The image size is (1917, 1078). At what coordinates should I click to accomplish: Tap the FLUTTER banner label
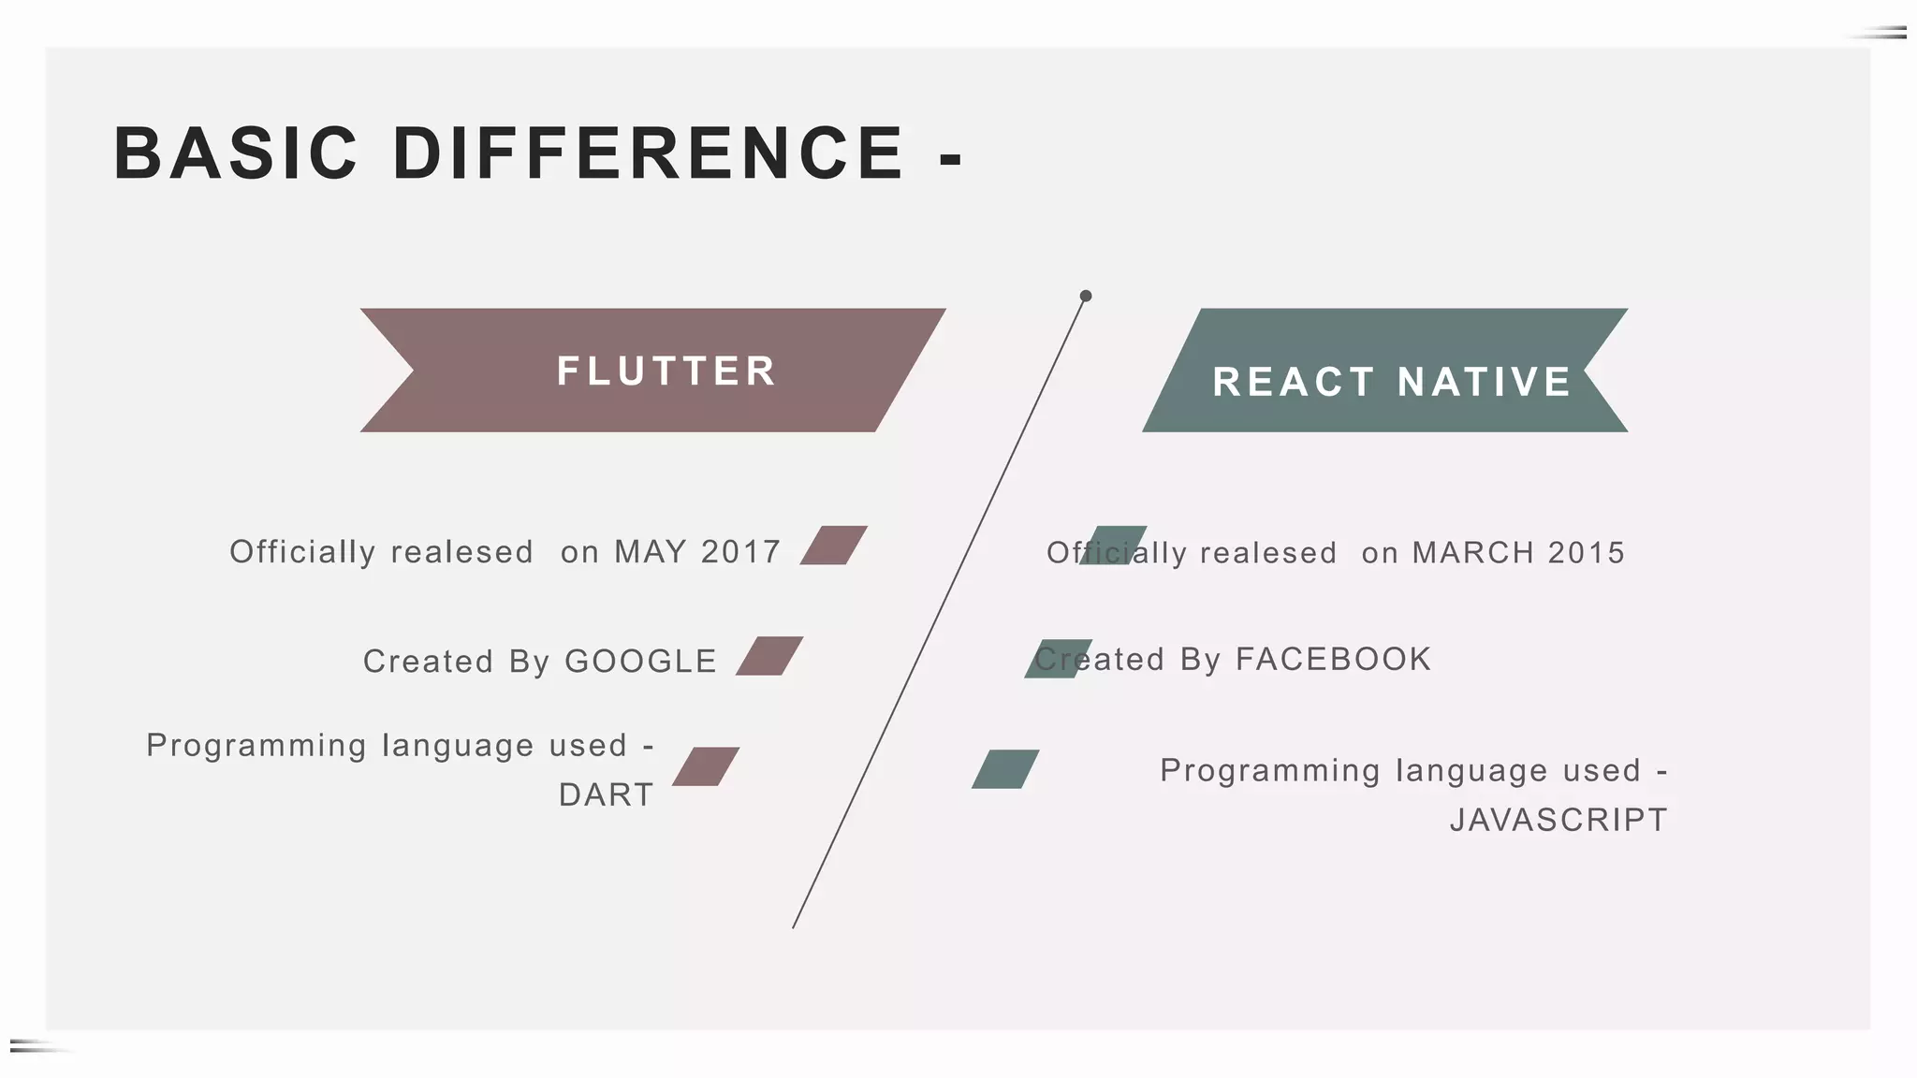(x=666, y=371)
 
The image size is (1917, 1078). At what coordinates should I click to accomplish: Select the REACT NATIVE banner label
(x=1392, y=382)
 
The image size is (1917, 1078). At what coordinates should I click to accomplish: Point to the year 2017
(x=740, y=552)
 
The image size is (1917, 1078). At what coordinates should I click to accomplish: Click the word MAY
(x=651, y=552)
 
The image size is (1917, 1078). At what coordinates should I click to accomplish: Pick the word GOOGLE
(x=641, y=662)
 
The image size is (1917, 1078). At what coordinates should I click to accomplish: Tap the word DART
(x=607, y=795)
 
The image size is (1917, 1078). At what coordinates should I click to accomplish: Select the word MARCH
(x=1472, y=553)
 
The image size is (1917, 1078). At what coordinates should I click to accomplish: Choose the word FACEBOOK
(x=1334, y=660)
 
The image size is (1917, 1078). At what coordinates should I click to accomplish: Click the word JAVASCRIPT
(x=1558, y=821)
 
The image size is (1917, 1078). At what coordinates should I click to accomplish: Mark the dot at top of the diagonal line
(x=1086, y=296)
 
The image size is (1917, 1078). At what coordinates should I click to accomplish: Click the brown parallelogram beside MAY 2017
(x=833, y=546)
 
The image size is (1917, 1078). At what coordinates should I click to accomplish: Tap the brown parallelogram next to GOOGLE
(x=769, y=656)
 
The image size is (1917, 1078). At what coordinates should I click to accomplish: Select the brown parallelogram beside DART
(x=706, y=766)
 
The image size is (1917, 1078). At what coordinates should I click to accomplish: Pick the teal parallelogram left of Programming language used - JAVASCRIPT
(x=1005, y=769)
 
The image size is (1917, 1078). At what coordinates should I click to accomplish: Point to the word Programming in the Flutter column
(x=256, y=746)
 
